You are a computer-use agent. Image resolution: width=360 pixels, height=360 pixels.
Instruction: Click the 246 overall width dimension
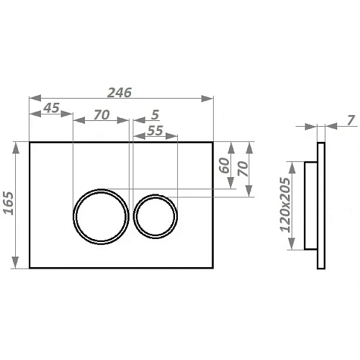click(x=120, y=93)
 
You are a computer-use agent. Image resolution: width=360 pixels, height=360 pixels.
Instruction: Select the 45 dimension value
click(x=51, y=108)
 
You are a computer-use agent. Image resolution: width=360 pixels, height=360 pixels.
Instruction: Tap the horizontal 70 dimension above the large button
click(x=102, y=114)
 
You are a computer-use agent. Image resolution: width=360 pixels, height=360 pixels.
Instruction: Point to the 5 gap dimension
click(x=156, y=114)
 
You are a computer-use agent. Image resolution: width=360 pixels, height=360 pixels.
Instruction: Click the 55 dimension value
click(x=155, y=130)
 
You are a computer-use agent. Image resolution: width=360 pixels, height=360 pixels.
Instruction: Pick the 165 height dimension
click(x=9, y=203)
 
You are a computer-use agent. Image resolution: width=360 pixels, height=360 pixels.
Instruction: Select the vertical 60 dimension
click(x=225, y=166)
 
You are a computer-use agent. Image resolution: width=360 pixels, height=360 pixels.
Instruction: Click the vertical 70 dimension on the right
click(x=243, y=168)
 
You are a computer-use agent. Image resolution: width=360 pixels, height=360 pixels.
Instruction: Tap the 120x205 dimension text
click(x=285, y=204)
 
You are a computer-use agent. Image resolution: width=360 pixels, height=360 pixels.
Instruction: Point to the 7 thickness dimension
click(x=351, y=120)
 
